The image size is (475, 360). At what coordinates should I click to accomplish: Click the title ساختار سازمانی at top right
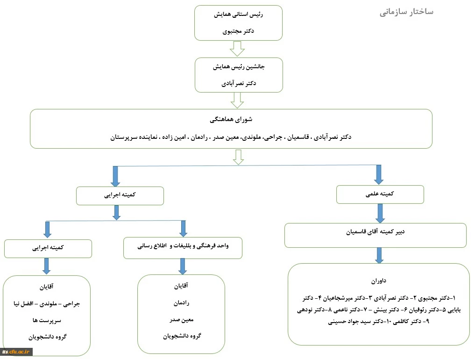[x=406, y=12]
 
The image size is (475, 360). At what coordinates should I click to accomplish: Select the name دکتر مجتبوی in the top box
[x=239, y=31]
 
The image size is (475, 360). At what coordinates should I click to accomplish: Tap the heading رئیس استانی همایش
[x=239, y=14]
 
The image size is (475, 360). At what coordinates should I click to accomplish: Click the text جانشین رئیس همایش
[x=239, y=67]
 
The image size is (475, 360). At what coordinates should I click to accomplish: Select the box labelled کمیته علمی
[x=380, y=194]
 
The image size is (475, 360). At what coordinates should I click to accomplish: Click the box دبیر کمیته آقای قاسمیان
[x=376, y=231]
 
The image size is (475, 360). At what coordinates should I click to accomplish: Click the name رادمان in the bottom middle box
[x=181, y=302]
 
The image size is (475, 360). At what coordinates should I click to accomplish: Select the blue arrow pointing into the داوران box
[x=379, y=255]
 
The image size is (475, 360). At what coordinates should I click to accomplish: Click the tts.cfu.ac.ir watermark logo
[x=16, y=352]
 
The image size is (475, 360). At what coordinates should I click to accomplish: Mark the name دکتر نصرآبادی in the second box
[x=239, y=84]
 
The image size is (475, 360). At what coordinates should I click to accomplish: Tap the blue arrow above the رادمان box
[x=183, y=266]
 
